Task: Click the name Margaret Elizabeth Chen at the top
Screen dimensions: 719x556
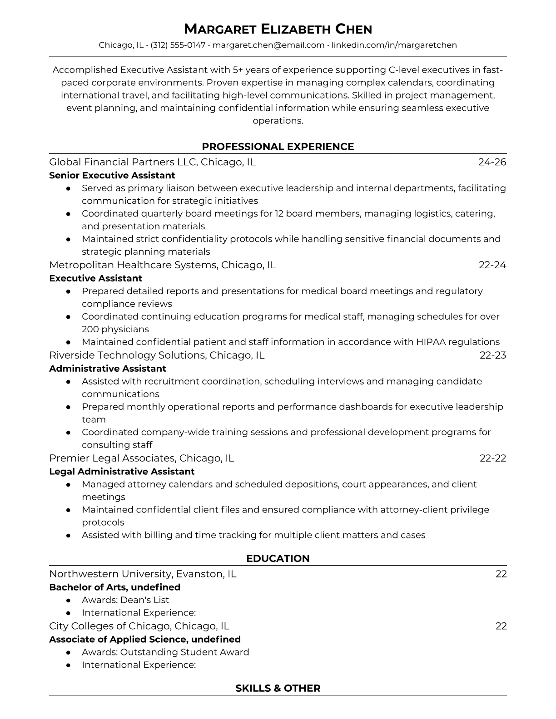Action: point(278,29)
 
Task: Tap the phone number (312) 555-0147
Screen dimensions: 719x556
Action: point(178,45)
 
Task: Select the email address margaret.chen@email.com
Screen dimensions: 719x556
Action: point(268,45)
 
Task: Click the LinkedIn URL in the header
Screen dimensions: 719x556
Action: point(394,45)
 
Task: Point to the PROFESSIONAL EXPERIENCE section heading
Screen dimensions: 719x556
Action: point(278,147)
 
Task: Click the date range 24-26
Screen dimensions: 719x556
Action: point(492,162)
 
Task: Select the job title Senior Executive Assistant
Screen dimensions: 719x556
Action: point(112,175)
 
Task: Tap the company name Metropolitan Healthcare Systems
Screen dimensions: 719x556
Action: point(133,265)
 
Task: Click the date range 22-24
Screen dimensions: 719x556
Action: point(492,265)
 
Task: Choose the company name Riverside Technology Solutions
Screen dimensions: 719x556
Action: point(128,355)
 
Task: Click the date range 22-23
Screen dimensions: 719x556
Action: point(493,355)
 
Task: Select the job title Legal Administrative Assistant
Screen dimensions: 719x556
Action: point(122,472)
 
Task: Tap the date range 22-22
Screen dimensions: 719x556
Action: point(493,458)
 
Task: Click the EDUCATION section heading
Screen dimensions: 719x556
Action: point(278,559)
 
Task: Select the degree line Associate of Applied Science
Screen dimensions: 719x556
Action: point(145,639)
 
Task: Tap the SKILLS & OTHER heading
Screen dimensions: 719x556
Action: point(278,688)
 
